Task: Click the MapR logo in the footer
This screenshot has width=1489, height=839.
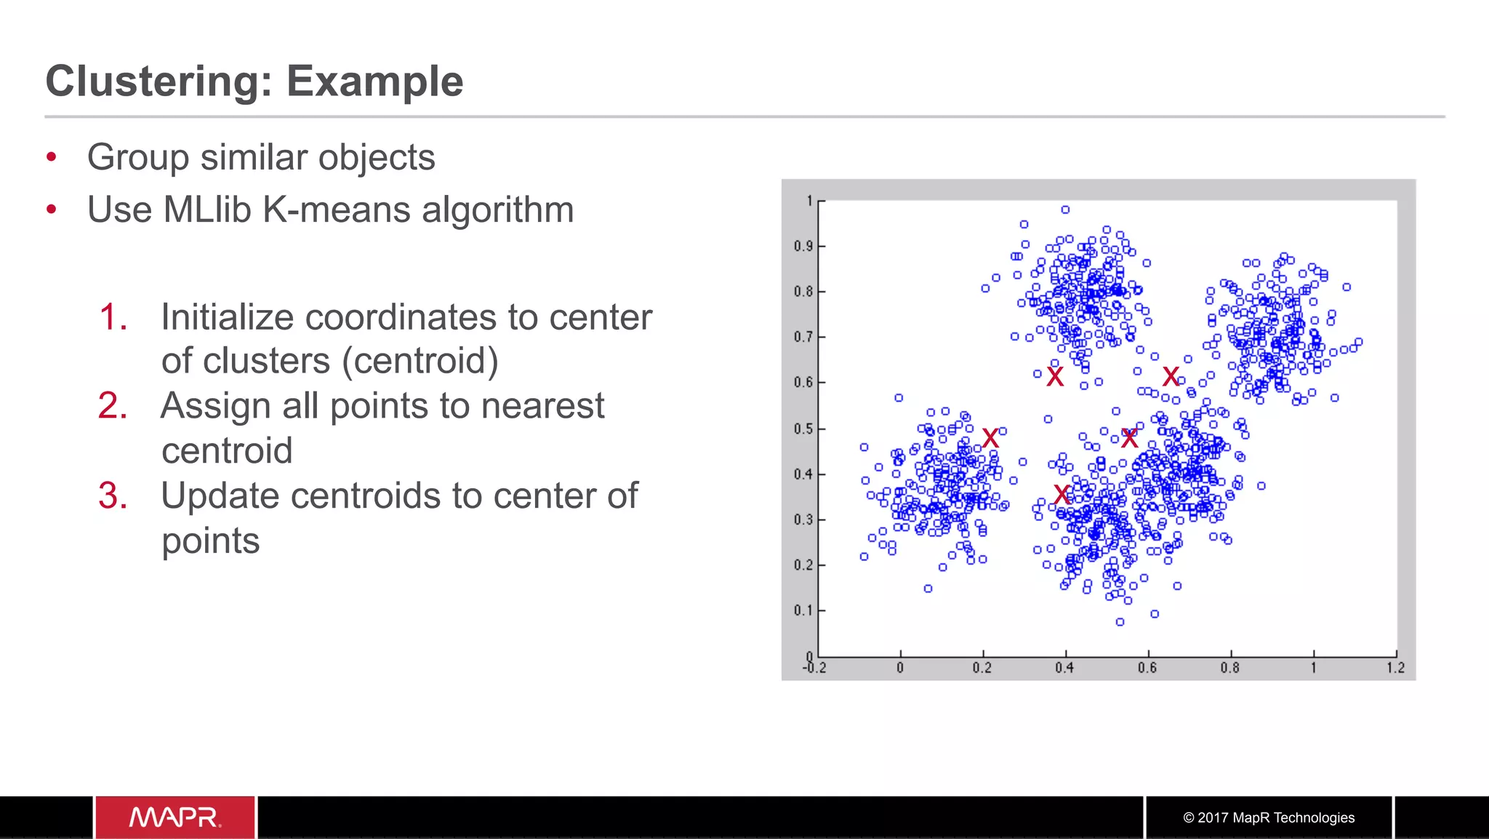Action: tap(174, 817)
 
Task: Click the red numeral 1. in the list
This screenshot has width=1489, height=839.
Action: tap(113, 317)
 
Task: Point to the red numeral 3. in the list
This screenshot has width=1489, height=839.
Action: tap(113, 496)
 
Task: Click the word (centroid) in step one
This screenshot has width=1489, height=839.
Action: tap(420, 361)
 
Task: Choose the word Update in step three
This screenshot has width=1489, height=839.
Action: tap(220, 496)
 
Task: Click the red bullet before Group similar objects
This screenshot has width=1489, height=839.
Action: tap(51, 157)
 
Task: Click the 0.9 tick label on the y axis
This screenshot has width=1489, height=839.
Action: tap(803, 246)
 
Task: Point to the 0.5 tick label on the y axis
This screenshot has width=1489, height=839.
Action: tap(803, 429)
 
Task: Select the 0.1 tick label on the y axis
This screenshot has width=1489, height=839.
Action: tap(803, 610)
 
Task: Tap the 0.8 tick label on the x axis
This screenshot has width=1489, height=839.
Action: tap(1229, 668)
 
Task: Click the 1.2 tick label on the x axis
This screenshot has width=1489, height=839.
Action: tap(1395, 668)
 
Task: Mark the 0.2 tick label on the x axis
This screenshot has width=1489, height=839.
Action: tap(982, 668)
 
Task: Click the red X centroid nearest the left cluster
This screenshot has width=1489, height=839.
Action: tap(990, 438)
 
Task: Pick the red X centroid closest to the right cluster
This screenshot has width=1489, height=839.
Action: tap(1171, 376)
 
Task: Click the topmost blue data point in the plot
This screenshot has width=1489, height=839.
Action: tap(1065, 210)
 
